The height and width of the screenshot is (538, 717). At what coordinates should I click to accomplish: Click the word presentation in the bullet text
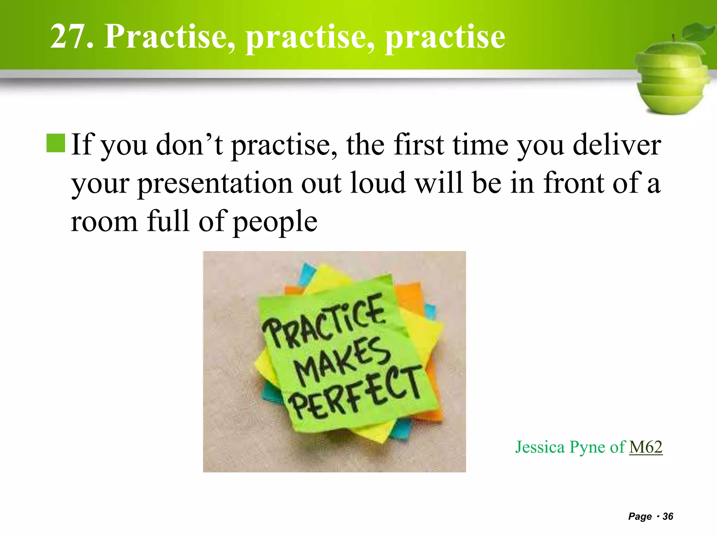[x=215, y=183]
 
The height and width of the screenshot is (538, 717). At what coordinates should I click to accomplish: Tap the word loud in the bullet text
[x=378, y=183]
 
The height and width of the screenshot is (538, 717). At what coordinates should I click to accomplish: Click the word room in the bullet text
[x=104, y=222]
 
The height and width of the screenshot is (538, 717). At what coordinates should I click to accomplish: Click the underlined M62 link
[x=646, y=447]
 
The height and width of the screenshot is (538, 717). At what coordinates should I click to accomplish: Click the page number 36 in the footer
[x=668, y=516]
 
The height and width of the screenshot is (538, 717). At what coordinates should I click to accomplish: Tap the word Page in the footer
[x=640, y=516]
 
